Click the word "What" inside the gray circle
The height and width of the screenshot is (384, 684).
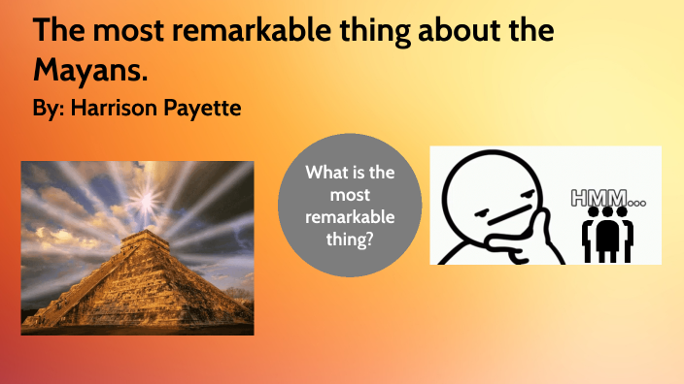(326, 174)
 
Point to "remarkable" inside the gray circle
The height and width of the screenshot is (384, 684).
(350, 215)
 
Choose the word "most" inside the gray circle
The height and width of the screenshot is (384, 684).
(350, 195)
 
